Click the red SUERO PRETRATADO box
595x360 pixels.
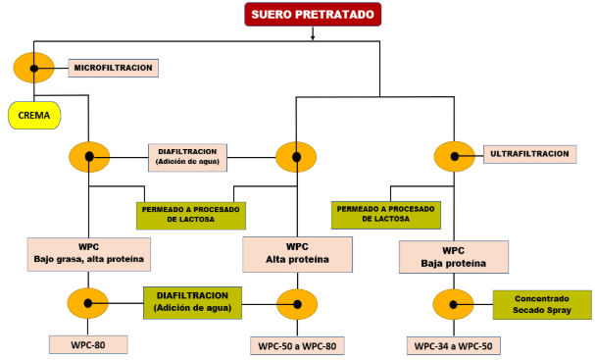tap(313, 16)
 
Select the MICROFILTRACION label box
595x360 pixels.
tap(114, 68)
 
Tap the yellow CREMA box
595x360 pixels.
tap(34, 116)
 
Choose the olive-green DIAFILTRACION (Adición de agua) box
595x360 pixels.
tap(191, 302)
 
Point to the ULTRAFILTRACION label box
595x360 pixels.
tap(529, 154)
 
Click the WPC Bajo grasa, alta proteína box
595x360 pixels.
tap(88, 253)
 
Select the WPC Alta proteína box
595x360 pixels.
tap(299, 253)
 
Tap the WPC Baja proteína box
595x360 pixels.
tap(454, 257)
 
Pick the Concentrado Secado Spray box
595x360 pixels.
tap(541, 304)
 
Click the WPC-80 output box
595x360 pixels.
tap(88, 344)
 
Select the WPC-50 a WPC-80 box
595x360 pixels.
tap(298, 344)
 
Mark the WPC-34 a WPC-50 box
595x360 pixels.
tap(453, 345)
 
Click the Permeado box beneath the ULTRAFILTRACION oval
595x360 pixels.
tap(385, 214)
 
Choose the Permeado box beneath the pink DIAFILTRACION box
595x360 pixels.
tap(190, 214)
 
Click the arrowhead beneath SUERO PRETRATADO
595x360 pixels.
tap(313, 37)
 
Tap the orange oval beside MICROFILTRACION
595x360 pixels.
tap(34, 69)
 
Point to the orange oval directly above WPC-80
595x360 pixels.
tap(89, 303)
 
